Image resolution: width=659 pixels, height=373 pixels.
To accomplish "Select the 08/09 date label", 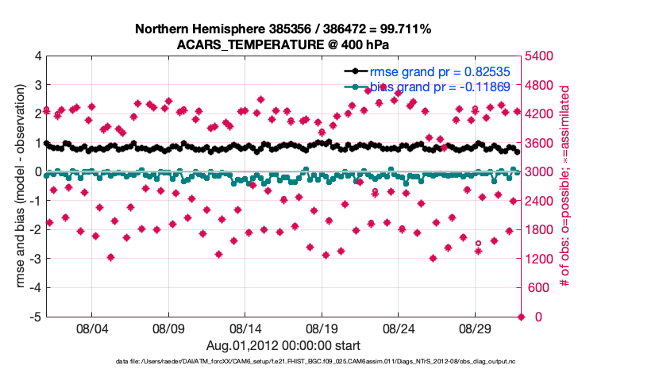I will click(x=168, y=327).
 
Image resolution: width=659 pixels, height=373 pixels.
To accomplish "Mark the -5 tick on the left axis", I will click(x=36, y=317).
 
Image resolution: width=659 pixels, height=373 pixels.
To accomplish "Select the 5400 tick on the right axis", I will click(x=538, y=57).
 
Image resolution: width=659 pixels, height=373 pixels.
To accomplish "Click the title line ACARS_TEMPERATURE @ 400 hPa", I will click(x=283, y=44).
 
